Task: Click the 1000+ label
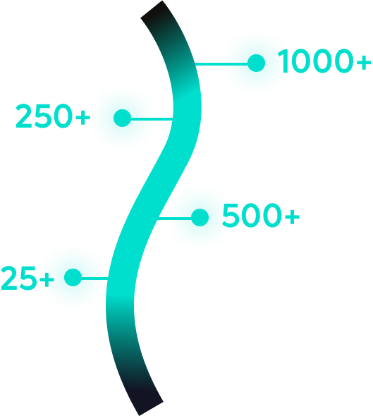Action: (x=324, y=61)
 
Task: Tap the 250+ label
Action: (x=53, y=116)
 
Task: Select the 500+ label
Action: (x=261, y=216)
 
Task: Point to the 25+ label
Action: (x=27, y=278)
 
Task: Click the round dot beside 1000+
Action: (x=256, y=63)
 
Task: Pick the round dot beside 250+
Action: (x=122, y=118)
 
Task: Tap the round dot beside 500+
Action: (x=200, y=218)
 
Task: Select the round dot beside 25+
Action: (x=73, y=278)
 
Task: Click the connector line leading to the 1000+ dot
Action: (x=221, y=63)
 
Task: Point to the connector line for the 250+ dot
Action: (x=152, y=118)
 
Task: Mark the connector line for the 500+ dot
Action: (x=175, y=219)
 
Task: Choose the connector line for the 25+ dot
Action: (x=94, y=279)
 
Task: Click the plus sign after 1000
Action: (x=363, y=63)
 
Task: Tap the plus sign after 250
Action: (x=83, y=118)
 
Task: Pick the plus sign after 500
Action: (x=293, y=217)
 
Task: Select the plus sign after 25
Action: (x=47, y=279)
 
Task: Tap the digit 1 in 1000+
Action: (x=283, y=61)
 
